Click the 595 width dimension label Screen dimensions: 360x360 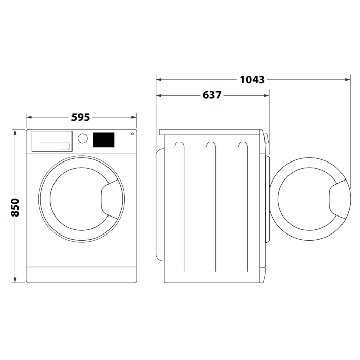point(81,117)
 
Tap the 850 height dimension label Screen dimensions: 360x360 point(15,207)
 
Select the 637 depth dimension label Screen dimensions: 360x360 point(212,95)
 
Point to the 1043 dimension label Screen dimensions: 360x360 point(252,80)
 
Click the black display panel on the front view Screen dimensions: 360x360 point(103,139)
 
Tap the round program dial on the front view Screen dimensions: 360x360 point(83,138)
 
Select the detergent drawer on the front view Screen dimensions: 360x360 point(52,141)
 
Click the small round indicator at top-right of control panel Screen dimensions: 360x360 point(132,134)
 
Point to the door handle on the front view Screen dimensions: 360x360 point(110,199)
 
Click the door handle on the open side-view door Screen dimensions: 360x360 point(338,199)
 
